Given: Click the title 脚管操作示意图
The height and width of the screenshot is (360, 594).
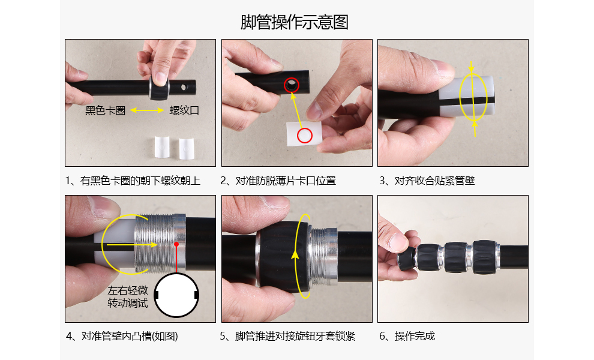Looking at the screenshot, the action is (x=295, y=22).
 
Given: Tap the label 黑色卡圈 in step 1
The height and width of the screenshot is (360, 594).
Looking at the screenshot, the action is (x=106, y=110).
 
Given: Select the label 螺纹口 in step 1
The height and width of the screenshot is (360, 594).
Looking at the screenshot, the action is (x=184, y=110).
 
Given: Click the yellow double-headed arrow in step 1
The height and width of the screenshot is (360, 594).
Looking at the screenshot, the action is (x=147, y=110).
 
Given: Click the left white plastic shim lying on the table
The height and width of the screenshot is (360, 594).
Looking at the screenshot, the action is (x=162, y=146).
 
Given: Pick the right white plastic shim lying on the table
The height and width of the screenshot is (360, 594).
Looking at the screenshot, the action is (x=187, y=149).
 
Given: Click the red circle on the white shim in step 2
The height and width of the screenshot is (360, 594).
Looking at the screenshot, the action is (x=305, y=136).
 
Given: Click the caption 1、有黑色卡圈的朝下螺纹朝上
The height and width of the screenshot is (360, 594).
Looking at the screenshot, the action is (x=133, y=181).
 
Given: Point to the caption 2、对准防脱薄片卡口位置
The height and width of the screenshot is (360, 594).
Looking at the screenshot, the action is (x=278, y=181).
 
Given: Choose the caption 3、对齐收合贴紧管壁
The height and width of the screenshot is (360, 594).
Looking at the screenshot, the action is (x=427, y=181).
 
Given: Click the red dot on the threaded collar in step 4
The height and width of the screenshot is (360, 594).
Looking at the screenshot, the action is (x=176, y=244).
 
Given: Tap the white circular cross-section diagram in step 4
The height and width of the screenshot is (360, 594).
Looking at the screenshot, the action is (x=176, y=295).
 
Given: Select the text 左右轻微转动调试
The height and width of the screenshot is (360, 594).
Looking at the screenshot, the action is (x=128, y=297).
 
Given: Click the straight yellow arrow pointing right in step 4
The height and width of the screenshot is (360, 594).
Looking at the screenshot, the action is (x=132, y=245).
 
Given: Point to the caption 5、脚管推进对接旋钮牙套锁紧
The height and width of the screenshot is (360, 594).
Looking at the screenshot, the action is (x=287, y=336).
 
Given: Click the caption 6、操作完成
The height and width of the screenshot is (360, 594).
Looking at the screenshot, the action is (x=407, y=336).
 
